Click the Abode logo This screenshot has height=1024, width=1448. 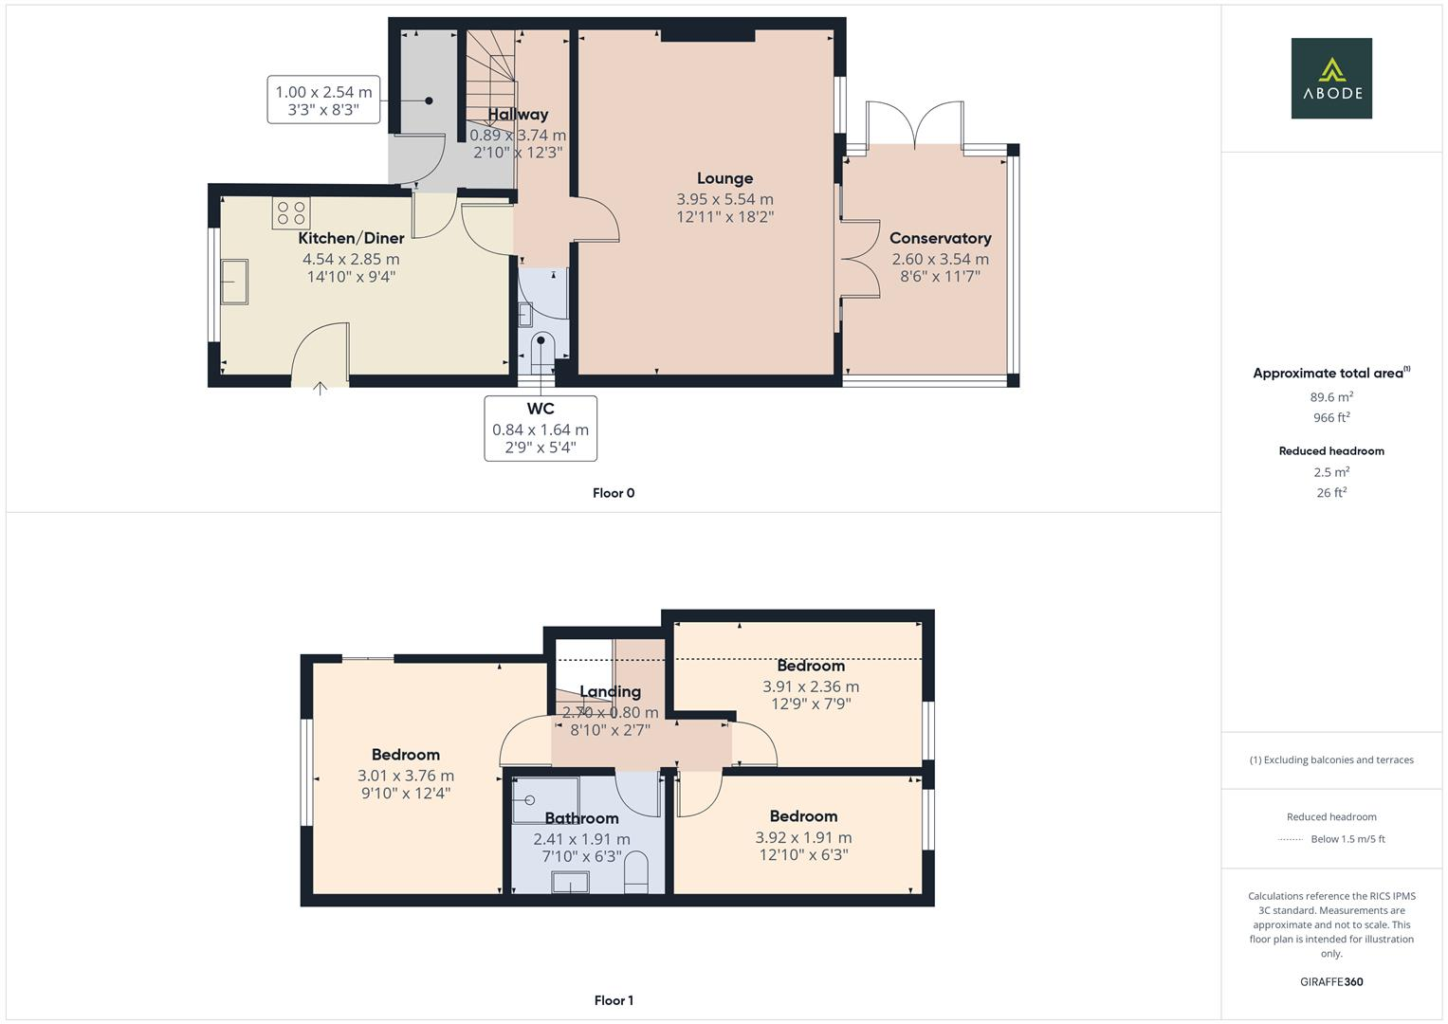1331,79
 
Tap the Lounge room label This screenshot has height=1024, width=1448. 724,178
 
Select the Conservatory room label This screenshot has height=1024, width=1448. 940,238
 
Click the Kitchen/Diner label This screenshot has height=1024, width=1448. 351,238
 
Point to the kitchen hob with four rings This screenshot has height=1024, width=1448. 291,213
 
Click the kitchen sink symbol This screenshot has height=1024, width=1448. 233,283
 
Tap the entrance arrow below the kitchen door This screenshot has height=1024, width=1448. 321,387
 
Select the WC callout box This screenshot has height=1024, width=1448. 541,429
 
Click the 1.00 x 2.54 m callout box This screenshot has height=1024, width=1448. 323,101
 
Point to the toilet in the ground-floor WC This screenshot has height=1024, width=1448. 541,348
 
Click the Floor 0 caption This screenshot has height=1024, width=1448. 614,493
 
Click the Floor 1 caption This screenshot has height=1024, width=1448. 614,1000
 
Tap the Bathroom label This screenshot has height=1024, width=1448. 581,818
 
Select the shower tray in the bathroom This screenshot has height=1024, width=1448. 544,800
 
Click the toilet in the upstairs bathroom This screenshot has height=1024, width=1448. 636,873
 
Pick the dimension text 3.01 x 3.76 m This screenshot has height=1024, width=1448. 405,776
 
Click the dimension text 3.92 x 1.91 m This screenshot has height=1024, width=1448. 803,837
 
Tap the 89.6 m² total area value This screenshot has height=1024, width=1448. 1331,397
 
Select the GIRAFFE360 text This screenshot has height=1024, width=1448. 1331,981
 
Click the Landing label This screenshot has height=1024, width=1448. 610,692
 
